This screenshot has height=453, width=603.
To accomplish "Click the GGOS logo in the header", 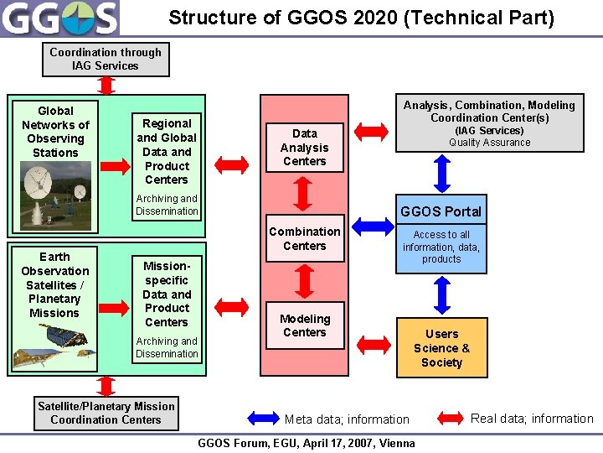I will [x=60, y=18].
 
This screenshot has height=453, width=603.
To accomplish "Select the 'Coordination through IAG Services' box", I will [x=106, y=59].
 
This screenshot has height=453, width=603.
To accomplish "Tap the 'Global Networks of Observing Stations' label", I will [x=55, y=132].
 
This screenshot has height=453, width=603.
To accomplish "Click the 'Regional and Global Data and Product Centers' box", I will [x=167, y=151].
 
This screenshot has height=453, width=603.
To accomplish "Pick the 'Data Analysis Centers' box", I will [x=305, y=147].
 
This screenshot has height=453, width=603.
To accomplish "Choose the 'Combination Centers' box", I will [x=305, y=238].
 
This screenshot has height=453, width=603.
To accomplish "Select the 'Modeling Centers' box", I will [x=305, y=325].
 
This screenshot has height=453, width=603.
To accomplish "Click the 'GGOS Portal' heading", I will [x=441, y=211].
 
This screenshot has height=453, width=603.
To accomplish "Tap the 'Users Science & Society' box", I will [x=441, y=347].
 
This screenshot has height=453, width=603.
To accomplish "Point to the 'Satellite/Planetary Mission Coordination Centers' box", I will [x=106, y=413].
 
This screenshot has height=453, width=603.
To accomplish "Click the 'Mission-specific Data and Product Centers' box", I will [x=167, y=293].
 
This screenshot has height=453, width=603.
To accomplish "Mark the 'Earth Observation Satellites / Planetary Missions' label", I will [x=54, y=284].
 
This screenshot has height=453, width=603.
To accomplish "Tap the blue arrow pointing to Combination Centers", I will [x=372, y=224].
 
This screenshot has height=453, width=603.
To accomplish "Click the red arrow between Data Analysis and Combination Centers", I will [x=305, y=195].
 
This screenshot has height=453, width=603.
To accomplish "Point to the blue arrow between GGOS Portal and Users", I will [x=442, y=295].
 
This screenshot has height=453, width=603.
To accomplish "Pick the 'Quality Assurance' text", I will [x=489, y=143].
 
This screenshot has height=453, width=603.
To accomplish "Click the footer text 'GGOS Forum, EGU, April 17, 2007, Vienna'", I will [x=306, y=443].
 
